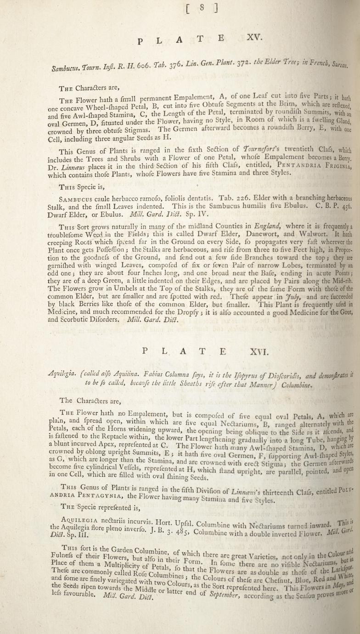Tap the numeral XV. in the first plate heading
(253, 39)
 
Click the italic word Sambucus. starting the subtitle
(65, 69)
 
